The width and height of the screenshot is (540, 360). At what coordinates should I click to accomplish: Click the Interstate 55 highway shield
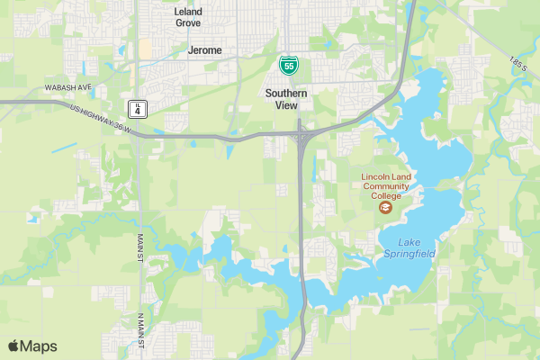click(287, 65)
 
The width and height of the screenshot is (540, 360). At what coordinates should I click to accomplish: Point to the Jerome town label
click(204, 50)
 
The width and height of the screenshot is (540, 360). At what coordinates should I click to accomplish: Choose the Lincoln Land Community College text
click(386, 186)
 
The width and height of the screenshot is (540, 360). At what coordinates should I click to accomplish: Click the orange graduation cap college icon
click(386, 208)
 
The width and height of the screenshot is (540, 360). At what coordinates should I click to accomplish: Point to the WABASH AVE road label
click(68, 88)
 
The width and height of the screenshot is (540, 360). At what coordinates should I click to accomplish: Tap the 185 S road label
click(517, 65)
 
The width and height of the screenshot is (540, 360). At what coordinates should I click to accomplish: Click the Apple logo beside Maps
click(13, 346)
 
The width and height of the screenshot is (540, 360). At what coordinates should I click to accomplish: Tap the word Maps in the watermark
click(39, 346)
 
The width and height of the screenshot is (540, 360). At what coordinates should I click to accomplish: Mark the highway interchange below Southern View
click(300, 135)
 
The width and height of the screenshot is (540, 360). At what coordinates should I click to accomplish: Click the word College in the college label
click(386, 195)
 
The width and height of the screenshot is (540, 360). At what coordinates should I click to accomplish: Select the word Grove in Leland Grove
click(188, 22)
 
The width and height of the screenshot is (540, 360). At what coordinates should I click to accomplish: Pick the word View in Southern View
click(287, 104)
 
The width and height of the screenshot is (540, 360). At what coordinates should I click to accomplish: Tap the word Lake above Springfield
click(409, 243)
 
